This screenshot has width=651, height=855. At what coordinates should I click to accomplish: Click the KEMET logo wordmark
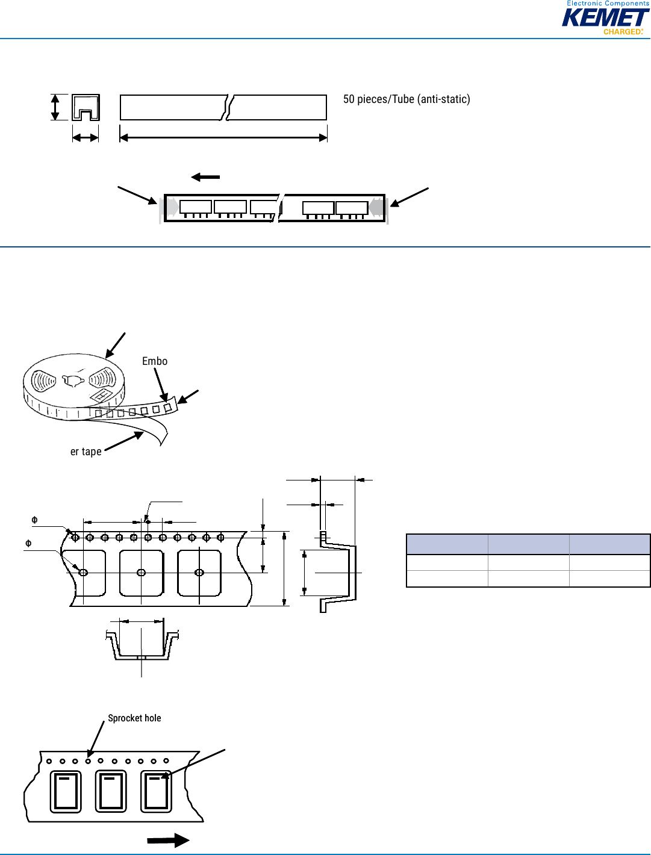605,17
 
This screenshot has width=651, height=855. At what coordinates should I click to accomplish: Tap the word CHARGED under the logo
622,31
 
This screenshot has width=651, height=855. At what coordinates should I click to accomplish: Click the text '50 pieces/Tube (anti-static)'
406,99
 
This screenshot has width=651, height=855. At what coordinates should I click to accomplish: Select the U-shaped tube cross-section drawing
86,107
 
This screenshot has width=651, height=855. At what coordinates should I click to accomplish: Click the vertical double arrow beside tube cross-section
55,107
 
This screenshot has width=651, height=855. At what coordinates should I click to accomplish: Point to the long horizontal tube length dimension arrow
223,137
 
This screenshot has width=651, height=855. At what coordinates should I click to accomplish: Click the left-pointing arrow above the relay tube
205,177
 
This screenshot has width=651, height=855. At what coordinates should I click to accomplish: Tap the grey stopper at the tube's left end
173,207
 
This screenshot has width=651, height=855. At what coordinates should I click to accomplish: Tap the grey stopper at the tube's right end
376,207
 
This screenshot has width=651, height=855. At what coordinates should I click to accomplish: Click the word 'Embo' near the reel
155,361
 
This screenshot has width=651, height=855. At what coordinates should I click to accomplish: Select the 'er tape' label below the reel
86,452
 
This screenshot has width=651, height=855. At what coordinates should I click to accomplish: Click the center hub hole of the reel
73,381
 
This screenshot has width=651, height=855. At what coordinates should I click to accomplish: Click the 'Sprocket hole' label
134,718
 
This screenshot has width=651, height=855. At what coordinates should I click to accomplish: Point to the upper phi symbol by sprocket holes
34,520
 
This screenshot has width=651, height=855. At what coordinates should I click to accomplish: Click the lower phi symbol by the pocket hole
28,543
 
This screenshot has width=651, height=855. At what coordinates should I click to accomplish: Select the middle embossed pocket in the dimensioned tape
142,573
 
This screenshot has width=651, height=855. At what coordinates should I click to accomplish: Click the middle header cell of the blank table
528,544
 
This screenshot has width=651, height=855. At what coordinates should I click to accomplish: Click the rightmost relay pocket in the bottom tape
156,792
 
